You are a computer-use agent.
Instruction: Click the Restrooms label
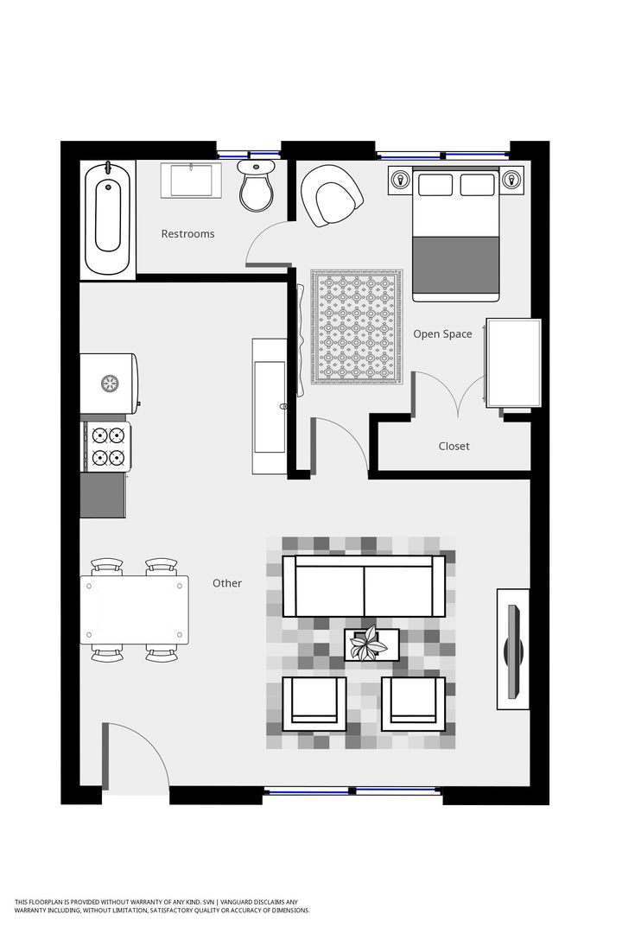click(x=187, y=233)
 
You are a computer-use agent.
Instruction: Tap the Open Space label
click(x=442, y=333)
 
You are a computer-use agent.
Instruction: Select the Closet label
click(x=454, y=446)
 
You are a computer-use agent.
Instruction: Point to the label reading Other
click(x=227, y=583)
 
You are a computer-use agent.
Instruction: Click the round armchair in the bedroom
click(x=332, y=195)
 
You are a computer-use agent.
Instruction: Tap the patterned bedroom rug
click(x=357, y=326)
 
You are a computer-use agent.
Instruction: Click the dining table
click(x=136, y=609)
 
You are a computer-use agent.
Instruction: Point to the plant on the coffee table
click(x=372, y=643)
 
